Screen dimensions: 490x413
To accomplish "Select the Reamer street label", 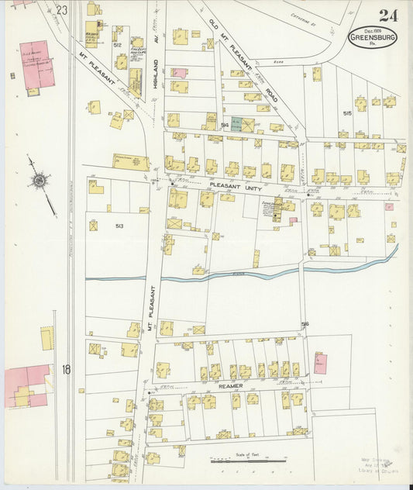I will [231, 385].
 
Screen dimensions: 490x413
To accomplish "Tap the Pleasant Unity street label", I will [242, 186].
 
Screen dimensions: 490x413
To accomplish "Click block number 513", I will [119, 226].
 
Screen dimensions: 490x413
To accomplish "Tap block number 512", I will [118, 45].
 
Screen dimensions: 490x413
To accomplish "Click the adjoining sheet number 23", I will [62, 10].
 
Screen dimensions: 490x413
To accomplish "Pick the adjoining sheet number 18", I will [67, 370].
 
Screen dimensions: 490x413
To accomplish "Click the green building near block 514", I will [236, 123].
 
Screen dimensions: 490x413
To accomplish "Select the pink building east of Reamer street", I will [319, 364].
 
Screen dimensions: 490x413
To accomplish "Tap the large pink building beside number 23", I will [35, 63].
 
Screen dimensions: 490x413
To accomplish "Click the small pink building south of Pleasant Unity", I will [294, 221].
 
